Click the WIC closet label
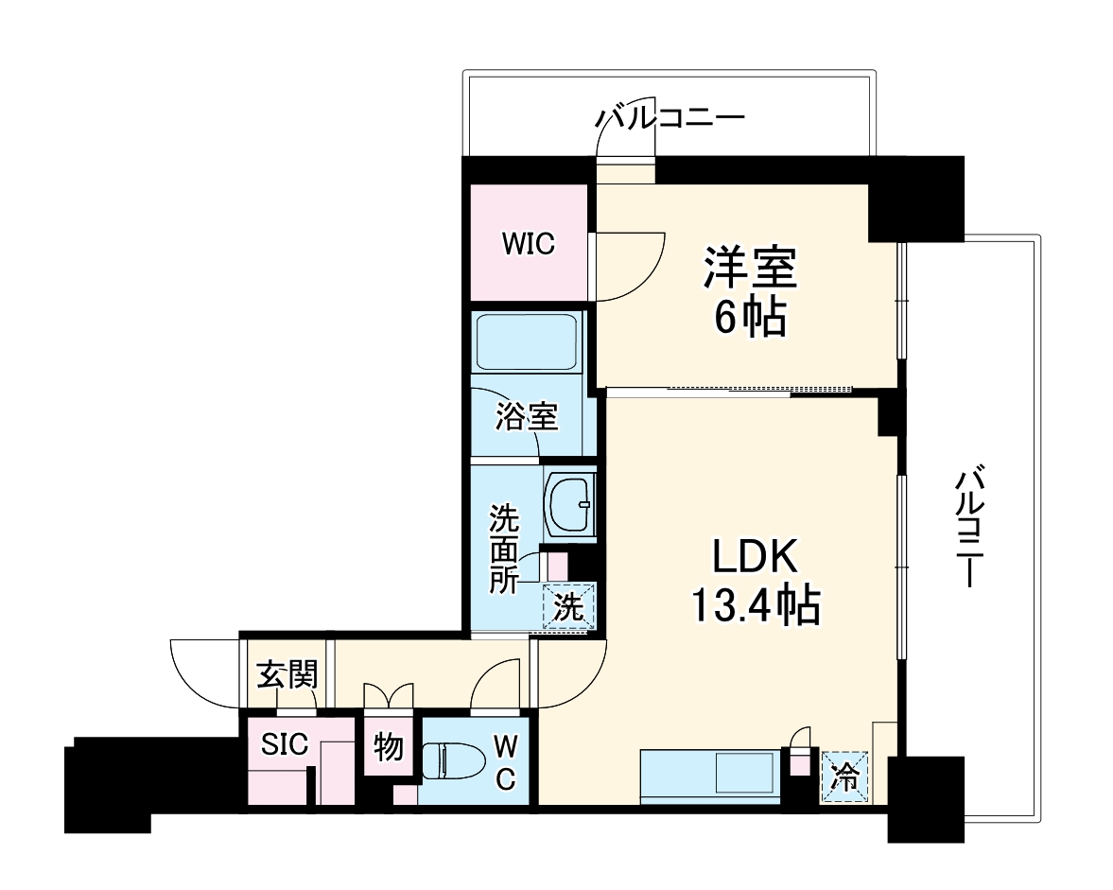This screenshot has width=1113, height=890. click(x=528, y=244)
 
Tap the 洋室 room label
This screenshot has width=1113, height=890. click(x=750, y=268)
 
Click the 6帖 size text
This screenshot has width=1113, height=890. click(x=750, y=319)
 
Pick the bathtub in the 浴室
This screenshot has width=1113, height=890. click(x=527, y=342)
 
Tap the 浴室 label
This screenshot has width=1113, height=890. click(x=527, y=416)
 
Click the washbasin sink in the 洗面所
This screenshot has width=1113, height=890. click(x=569, y=503)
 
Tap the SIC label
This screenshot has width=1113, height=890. click(x=285, y=744)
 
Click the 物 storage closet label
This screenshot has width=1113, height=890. click(x=388, y=748)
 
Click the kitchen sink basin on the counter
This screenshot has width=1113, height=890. click(x=746, y=773)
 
